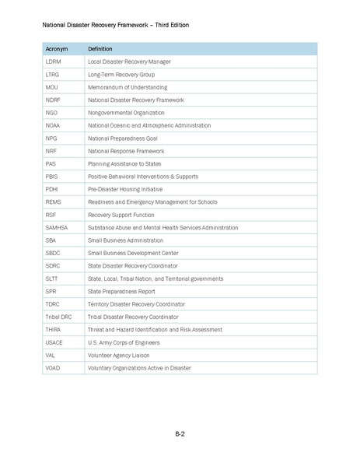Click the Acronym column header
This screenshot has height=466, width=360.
[x=57, y=49]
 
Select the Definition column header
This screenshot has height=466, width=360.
[x=100, y=49]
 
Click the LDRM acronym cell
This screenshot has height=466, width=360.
[x=54, y=61]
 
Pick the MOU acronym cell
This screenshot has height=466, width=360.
[x=52, y=87]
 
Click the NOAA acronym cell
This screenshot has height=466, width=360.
[x=54, y=125]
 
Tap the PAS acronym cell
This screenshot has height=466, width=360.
[x=51, y=163]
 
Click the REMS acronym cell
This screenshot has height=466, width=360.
[x=54, y=201]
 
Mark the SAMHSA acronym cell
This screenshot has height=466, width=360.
[x=57, y=227]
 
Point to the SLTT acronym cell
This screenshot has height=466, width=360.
[x=53, y=279]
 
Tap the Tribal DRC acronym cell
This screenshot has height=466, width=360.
[x=59, y=317]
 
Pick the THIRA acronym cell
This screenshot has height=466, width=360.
[x=54, y=329]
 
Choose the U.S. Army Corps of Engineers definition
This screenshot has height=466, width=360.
[x=124, y=342]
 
